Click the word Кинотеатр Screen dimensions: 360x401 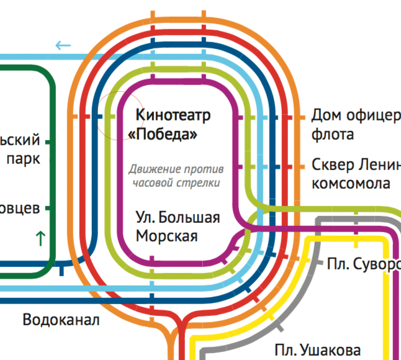point(173,115)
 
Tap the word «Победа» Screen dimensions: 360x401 point(166,135)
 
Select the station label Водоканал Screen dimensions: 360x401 point(61,320)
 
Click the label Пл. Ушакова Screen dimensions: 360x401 point(317,349)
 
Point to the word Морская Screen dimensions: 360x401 point(166,236)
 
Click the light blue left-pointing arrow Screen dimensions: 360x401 point(63,45)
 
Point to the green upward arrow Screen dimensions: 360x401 point(41,237)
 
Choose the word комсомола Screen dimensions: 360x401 point(351,184)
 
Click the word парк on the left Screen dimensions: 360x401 point(24,158)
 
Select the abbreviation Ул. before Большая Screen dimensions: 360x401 point(145,218)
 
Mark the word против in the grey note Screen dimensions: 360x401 point(205,169)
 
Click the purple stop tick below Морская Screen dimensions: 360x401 point(153,259)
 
